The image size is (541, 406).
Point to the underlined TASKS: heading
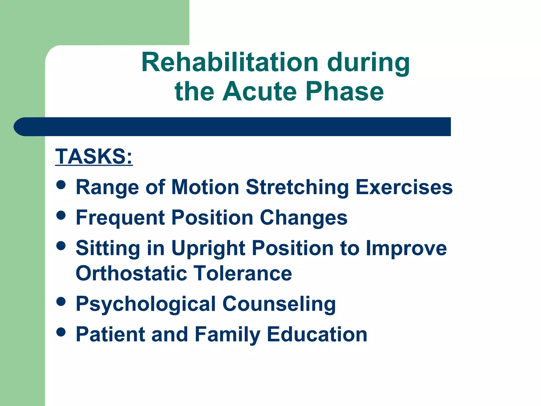tap(94, 156)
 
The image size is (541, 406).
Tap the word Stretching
tap(297, 187)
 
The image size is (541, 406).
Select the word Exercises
tap(404, 187)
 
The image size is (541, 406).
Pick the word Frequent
tap(120, 218)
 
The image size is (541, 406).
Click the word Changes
tap(304, 218)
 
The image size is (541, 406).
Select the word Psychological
tap(146, 304)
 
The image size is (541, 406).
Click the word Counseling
tap(279, 304)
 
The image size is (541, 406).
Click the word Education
tap(317, 334)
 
